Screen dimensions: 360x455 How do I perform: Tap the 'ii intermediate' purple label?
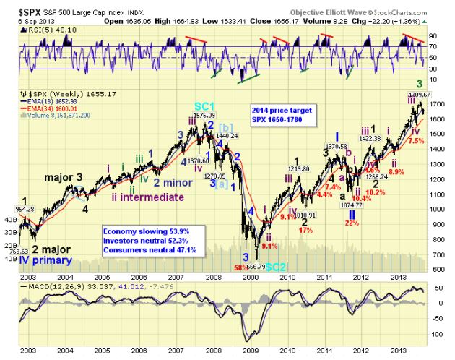click(x=148, y=195)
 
